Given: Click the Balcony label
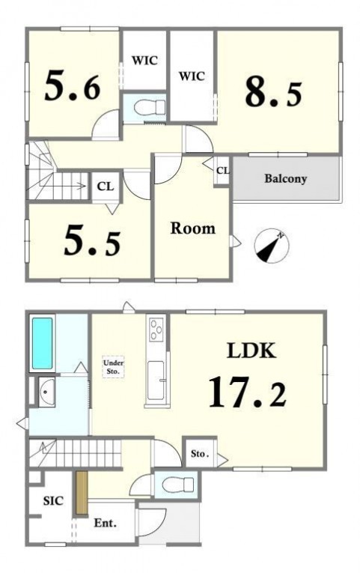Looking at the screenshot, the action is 285,179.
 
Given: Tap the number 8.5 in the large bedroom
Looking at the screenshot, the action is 273,94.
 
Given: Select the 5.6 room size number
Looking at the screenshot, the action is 73,86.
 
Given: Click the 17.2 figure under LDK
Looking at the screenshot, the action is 247,392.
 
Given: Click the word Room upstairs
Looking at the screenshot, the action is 193,228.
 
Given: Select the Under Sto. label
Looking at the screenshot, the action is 113,367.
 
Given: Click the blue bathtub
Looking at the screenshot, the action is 42,343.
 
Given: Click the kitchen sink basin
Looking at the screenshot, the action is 156,380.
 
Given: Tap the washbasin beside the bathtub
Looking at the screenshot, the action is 46,392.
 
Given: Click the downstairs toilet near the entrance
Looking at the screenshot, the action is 177,485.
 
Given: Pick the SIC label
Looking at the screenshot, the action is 53,500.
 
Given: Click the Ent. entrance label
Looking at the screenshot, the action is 105,523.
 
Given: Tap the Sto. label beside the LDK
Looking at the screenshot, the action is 200,454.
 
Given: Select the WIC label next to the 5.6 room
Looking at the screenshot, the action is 144,60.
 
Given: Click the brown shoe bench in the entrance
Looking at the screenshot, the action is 82,494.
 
